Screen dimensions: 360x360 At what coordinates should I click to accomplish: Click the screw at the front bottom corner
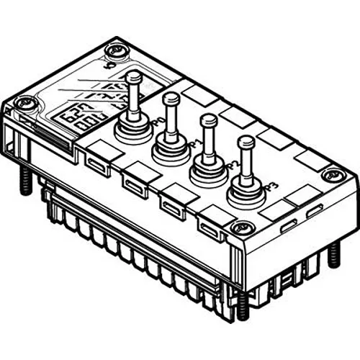click(240, 229)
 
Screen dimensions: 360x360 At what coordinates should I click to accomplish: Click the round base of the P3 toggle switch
click(246, 193)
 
